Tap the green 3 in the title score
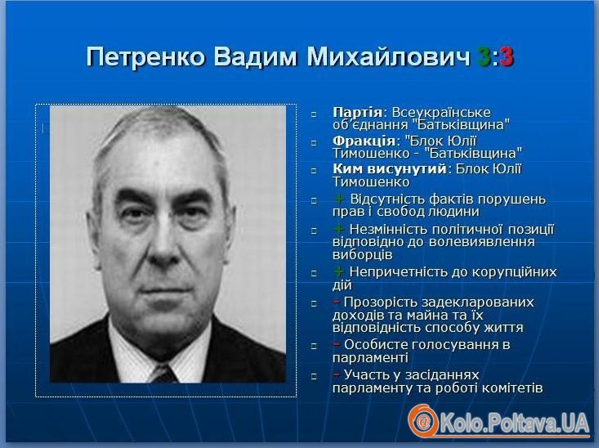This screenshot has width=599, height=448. (x=484, y=57)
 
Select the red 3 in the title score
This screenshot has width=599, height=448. (x=507, y=57)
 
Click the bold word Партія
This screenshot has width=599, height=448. (x=357, y=112)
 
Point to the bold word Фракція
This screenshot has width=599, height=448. (x=364, y=141)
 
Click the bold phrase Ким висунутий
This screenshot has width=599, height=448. (x=389, y=168)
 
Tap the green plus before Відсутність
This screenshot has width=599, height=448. (x=338, y=199)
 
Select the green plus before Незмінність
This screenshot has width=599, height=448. (x=338, y=229)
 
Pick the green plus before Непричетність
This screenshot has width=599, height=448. (x=338, y=271)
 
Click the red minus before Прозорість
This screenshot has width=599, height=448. (x=336, y=302)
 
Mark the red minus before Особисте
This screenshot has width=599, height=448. (x=336, y=344)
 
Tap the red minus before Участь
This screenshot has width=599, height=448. (x=336, y=374)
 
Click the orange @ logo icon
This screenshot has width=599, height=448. (x=423, y=422)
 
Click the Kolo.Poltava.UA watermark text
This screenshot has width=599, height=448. (x=515, y=423)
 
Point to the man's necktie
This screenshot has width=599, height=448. (x=164, y=374)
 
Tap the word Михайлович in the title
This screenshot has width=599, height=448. (x=388, y=57)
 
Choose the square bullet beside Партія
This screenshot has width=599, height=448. (x=314, y=114)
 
